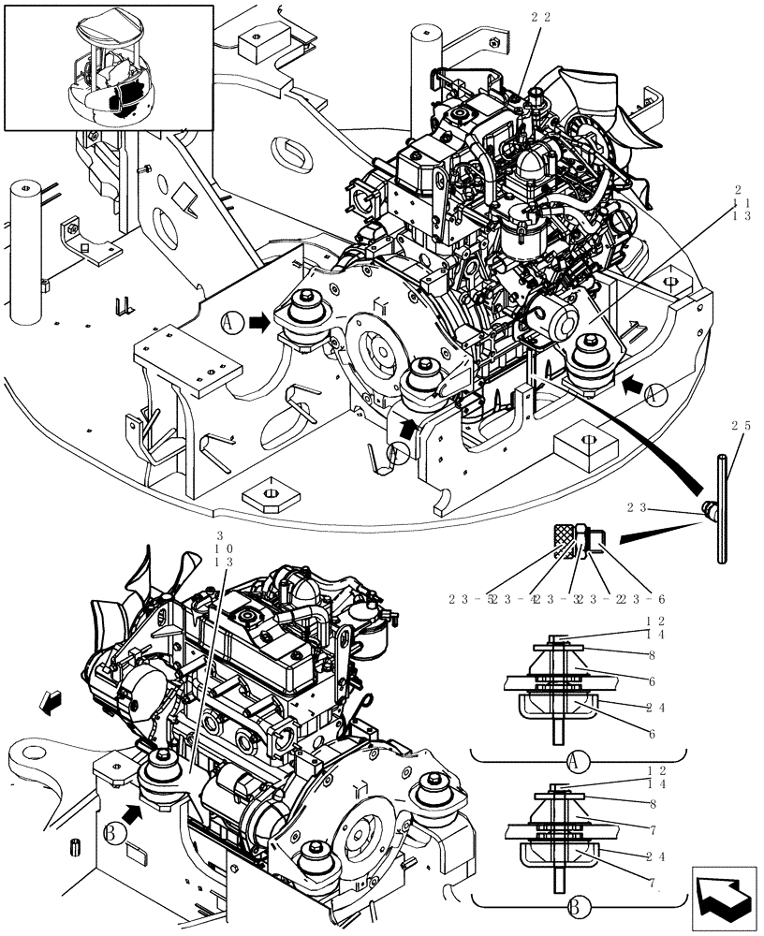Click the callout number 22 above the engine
tap(540, 17)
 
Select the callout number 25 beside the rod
tap(741, 426)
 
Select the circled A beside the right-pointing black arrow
tap(231, 323)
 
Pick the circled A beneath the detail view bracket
tap(578, 755)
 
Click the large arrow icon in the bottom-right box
tap(722, 898)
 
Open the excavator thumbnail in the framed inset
tap(109, 67)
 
